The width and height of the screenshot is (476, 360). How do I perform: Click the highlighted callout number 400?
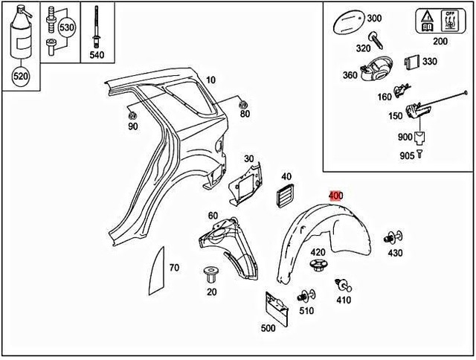point(335,196)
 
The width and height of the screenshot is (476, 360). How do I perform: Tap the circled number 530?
point(68,28)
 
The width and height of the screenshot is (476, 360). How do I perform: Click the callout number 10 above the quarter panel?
point(210,80)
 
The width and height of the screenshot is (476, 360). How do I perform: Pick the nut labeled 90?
point(132,115)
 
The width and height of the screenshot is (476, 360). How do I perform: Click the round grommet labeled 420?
point(318,266)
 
